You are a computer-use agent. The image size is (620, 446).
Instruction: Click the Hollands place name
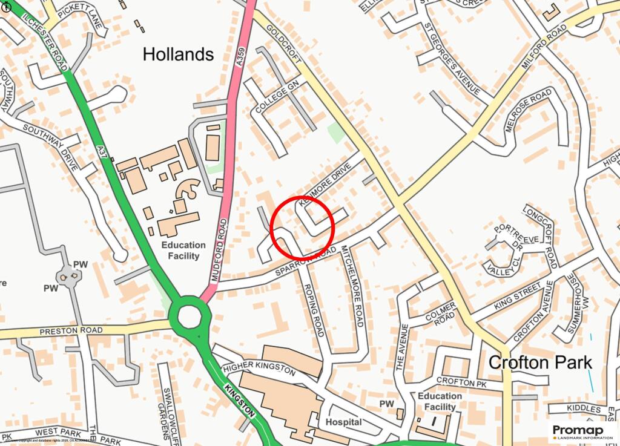pos(178,54)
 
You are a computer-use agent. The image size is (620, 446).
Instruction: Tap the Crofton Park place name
pos(540,362)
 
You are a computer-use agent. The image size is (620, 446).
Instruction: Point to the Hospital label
pos(344,422)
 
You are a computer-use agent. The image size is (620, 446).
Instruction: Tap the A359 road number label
pos(240,54)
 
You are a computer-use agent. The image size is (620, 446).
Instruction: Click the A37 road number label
pos(104,151)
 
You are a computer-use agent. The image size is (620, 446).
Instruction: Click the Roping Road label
pos(314,310)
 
